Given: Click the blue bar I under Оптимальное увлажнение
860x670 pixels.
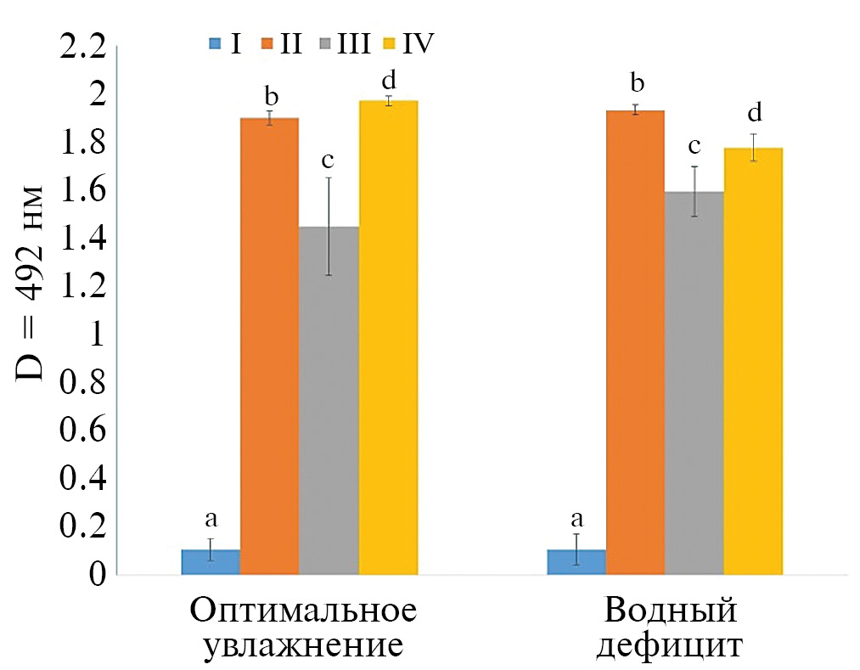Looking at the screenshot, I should tap(211, 562).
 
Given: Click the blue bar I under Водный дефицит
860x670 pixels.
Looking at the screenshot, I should tap(576, 562).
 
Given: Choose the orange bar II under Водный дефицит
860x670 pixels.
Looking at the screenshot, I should tap(635, 343).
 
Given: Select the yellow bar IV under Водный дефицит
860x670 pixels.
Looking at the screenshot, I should tap(753, 362).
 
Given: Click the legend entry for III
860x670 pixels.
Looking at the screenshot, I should tap(343, 43).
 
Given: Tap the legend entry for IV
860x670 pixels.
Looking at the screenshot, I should tap(408, 43).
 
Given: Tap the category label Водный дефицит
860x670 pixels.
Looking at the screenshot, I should tap(670, 628).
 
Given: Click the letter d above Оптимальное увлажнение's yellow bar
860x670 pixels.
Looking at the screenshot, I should tap(389, 81).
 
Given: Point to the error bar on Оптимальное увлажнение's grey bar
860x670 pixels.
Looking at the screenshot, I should tap(329, 226).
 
